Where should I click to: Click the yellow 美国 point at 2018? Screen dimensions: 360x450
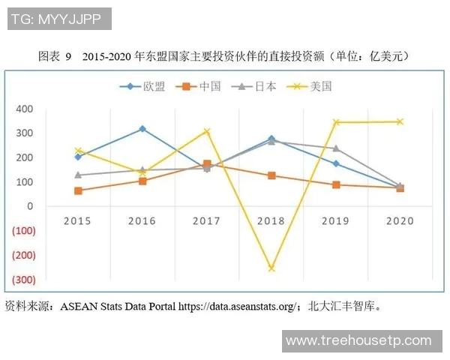point(271,268)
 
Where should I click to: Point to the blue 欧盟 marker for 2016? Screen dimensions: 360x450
point(142,129)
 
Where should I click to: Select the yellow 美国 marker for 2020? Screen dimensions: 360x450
point(400,121)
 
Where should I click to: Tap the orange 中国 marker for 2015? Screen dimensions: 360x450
point(78,190)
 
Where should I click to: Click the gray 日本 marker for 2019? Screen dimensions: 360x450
point(335,148)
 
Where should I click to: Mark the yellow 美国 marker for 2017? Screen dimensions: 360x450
point(207,131)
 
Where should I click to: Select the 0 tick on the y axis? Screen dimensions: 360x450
point(30,206)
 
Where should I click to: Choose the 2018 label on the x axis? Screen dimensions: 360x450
point(271,221)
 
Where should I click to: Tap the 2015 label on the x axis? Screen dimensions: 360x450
point(78,221)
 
